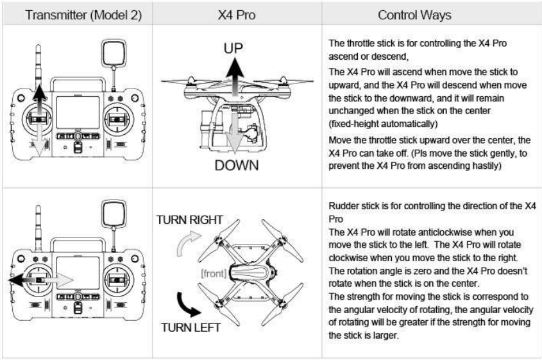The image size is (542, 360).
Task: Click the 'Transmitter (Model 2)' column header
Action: click(77, 13)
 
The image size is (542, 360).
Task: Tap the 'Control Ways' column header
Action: click(431, 13)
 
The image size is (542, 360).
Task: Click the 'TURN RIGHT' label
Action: click(190, 219)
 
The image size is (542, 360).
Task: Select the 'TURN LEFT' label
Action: click(191, 328)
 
